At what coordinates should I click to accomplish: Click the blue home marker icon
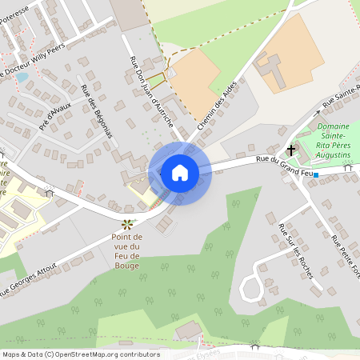pyautogui.click(x=179, y=172)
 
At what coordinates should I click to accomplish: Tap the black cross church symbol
pyautogui.click(x=291, y=150)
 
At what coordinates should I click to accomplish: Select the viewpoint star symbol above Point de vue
pyautogui.click(x=127, y=225)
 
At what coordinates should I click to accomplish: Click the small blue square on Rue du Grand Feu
pyautogui.click(x=316, y=174)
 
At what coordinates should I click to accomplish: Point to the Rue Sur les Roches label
pyautogui.click(x=294, y=250)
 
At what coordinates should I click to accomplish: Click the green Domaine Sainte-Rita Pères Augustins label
pyautogui.click(x=337, y=140)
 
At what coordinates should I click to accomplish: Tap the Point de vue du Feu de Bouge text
pyautogui.click(x=126, y=251)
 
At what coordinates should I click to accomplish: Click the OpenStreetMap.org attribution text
pyautogui.click(x=104, y=354)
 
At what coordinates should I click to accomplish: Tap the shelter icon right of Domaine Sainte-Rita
pyautogui.click(x=347, y=168)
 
